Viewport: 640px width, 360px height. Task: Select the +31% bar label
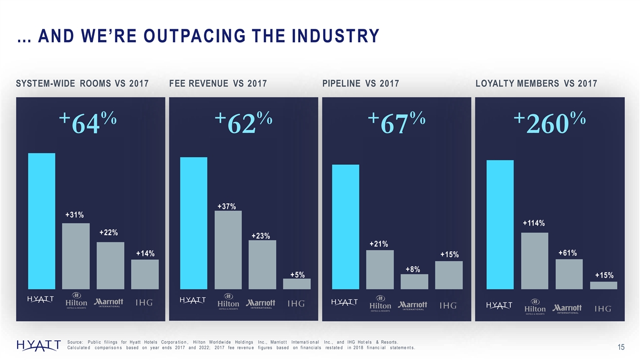(x=74, y=215)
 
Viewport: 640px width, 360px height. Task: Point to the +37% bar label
(x=227, y=206)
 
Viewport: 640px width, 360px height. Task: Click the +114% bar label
(x=534, y=223)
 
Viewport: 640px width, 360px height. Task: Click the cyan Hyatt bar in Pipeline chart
(x=346, y=227)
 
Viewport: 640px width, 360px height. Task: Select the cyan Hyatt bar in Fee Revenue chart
(x=194, y=223)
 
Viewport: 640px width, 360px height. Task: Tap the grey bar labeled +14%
(x=145, y=274)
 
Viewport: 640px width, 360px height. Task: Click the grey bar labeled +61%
(x=569, y=274)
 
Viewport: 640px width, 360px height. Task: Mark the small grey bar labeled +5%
(x=297, y=284)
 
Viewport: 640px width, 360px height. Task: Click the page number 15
(x=621, y=348)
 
